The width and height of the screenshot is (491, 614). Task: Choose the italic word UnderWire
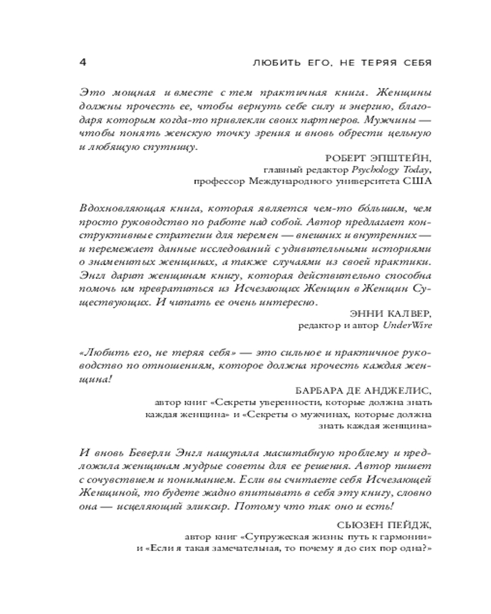pos(408,325)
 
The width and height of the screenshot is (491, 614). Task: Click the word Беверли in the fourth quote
pos(141,453)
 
